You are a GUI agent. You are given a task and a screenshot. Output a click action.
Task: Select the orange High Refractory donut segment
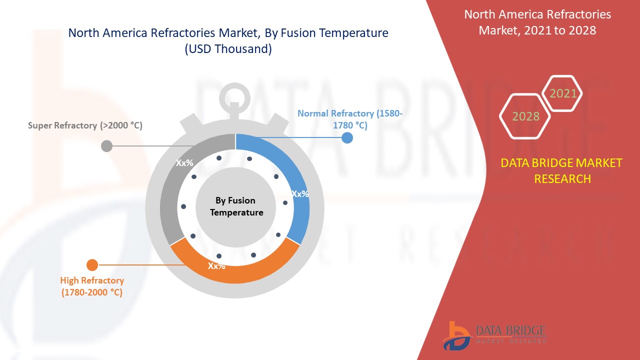click(235, 268)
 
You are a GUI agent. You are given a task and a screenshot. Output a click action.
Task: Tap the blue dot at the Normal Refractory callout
click(347, 138)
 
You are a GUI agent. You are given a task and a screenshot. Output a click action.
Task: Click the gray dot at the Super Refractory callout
click(106, 146)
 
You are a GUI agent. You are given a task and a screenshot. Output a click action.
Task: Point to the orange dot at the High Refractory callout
click(92, 265)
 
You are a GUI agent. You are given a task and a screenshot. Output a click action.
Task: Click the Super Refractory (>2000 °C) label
click(85, 125)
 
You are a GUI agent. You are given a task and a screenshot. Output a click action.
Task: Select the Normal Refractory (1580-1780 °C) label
click(350, 119)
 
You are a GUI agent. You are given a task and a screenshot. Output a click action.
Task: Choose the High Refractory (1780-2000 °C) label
click(92, 286)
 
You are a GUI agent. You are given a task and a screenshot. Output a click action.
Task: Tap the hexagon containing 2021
click(562, 93)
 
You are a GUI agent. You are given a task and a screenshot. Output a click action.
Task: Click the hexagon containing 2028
click(525, 116)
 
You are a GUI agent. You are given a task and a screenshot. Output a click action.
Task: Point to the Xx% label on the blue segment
click(300, 194)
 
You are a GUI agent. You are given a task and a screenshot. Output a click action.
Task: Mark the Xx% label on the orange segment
click(216, 266)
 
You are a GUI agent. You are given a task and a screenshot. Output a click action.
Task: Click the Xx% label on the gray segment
click(184, 163)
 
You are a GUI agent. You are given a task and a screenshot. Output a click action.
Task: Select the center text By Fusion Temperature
click(236, 206)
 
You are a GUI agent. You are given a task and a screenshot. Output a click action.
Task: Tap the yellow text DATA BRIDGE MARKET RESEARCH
click(561, 171)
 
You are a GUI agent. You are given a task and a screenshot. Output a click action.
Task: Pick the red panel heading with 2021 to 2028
click(537, 22)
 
